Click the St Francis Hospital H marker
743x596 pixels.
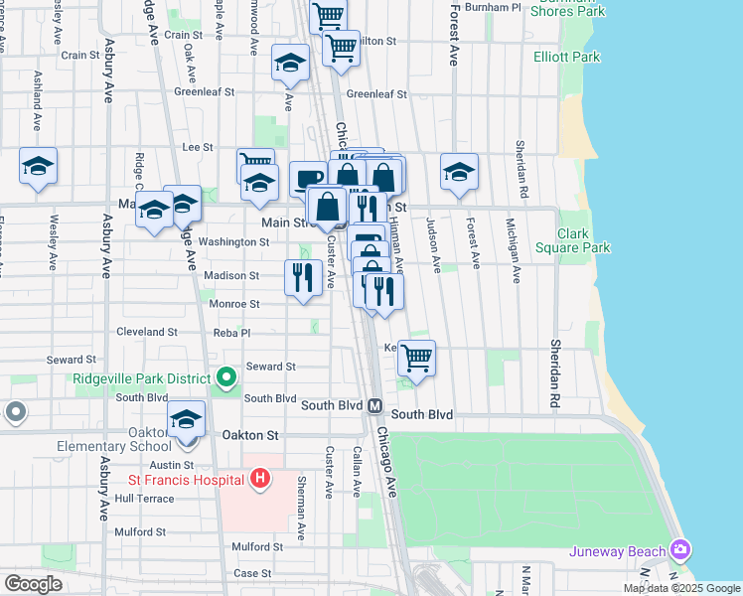(x=259, y=480)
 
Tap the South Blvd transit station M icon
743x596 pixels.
(x=375, y=406)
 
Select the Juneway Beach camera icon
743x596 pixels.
(x=680, y=548)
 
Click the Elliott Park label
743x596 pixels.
(x=566, y=57)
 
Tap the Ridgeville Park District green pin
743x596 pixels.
(x=225, y=377)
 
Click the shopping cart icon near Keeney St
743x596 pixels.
(x=417, y=358)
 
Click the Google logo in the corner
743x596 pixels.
(x=33, y=584)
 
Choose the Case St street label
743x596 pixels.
(x=252, y=573)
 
